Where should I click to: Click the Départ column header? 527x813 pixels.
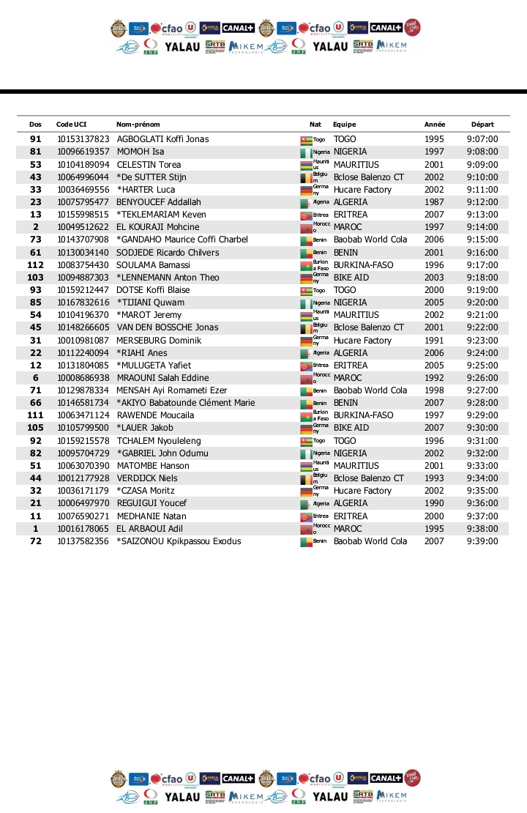[x=482, y=125]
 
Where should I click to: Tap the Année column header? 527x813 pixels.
[x=435, y=125]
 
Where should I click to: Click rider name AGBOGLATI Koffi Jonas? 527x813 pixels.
[x=162, y=139]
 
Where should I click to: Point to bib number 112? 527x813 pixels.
[x=35, y=264]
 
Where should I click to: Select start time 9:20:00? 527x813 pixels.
[x=482, y=302]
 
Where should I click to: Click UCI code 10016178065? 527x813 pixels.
[x=83, y=529]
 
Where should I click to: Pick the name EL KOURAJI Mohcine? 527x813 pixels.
[x=157, y=227]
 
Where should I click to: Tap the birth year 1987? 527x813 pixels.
[x=434, y=202]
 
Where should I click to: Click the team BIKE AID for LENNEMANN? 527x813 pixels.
[x=351, y=278]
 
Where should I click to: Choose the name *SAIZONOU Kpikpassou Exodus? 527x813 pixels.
[x=179, y=541]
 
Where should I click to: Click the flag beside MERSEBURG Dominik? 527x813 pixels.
[x=306, y=341]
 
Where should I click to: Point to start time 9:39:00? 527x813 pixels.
[x=482, y=541]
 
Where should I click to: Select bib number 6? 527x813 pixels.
[x=35, y=378]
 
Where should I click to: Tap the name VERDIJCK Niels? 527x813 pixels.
[x=146, y=478]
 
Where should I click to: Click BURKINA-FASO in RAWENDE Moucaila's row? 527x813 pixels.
[x=363, y=415]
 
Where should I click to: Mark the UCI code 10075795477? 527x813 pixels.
[x=83, y=202]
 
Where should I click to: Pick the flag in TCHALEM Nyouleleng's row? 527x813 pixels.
[x=306, y=441]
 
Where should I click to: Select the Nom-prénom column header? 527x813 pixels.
[x=138, y=125]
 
